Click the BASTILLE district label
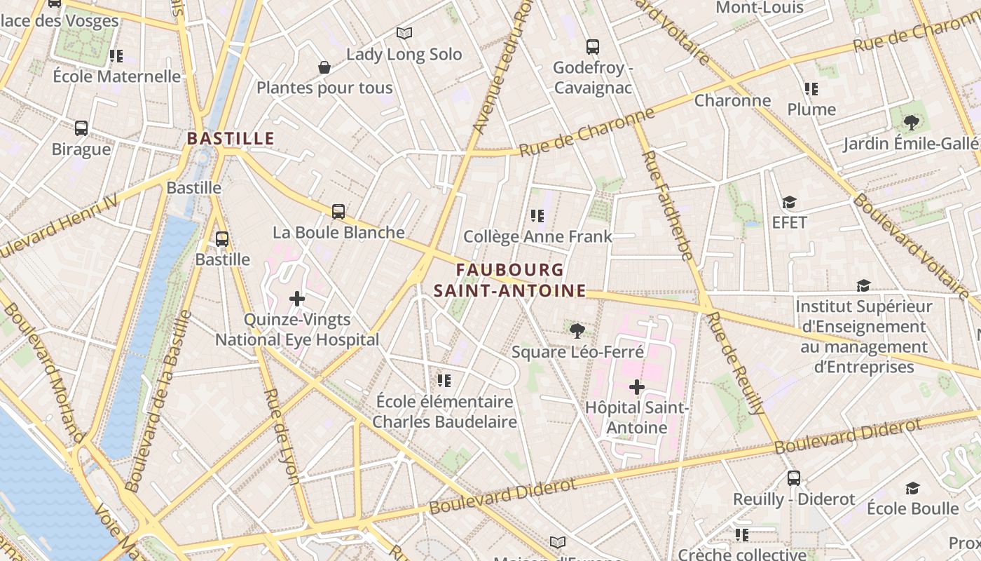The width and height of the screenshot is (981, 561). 231,138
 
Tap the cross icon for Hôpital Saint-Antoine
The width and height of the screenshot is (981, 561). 636,386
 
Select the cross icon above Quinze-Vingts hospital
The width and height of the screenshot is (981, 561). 297,299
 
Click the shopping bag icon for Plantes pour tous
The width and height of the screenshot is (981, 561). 324,67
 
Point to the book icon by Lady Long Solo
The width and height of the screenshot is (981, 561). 404,33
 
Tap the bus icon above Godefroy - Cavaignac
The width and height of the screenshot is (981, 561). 593,47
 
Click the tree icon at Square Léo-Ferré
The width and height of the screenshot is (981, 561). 577,330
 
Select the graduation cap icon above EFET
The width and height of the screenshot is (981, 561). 789,203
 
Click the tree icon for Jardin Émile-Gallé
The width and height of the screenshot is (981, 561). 911,123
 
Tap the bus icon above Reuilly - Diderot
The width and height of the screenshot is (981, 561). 793,478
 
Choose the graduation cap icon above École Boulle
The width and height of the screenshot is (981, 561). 912,488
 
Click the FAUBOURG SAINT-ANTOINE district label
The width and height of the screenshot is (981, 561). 509,280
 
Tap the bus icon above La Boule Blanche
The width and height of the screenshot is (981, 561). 338,211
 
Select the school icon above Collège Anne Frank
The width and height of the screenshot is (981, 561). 537,216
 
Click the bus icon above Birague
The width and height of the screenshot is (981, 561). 81,128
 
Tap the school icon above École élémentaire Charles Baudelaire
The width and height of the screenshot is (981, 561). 444,381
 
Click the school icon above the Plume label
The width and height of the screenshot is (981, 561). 811,89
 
